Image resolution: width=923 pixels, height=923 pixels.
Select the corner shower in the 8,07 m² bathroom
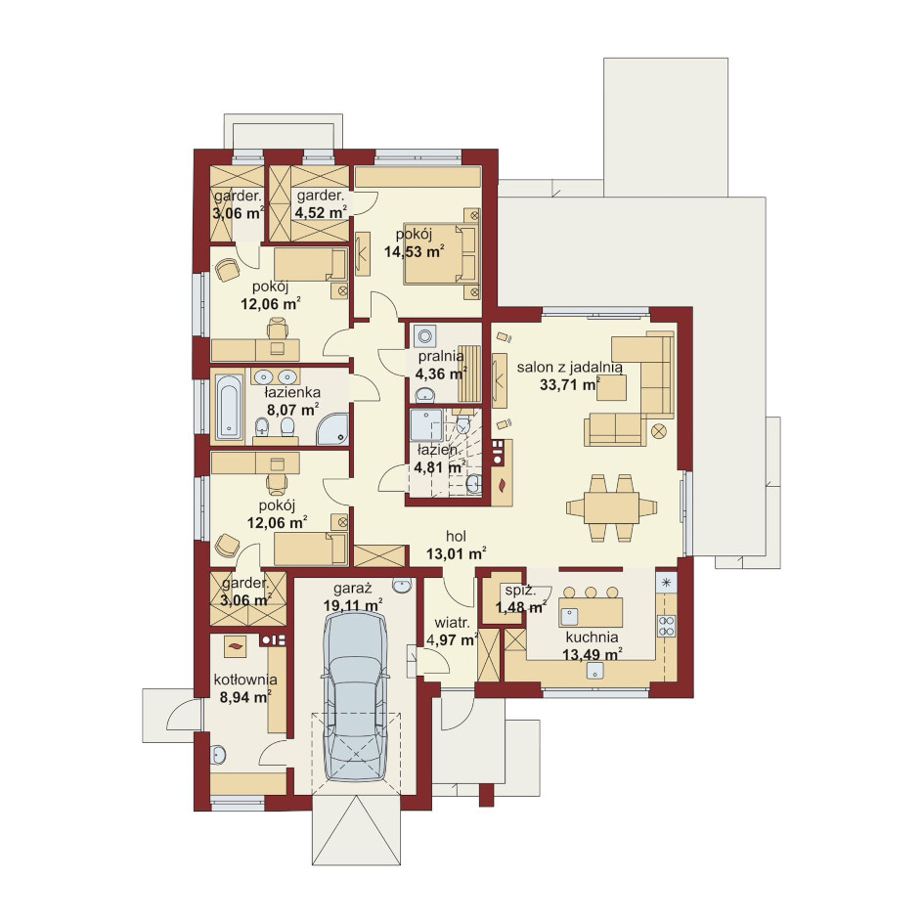[332, 428]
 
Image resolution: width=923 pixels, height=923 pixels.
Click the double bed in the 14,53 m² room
[442, 253]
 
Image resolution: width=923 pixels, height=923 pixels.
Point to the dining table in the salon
[612, 508]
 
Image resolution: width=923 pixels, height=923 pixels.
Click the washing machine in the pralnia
[425, 336]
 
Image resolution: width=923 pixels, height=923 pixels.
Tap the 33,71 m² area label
[570, 385]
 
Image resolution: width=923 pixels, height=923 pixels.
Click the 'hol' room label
[457, 536]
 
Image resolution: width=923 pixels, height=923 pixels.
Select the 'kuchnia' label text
[592, 637]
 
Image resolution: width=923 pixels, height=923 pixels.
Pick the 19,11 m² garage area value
[353, 605]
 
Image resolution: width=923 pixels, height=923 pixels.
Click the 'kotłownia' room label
[245, 681]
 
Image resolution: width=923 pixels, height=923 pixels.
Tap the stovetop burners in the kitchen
[667, 625]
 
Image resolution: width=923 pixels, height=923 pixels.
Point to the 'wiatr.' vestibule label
[452, 623]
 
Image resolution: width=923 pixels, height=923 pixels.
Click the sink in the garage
[402, 586]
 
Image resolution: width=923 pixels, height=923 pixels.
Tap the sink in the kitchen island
[569, 616]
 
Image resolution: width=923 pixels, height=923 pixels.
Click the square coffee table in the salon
[612, 387]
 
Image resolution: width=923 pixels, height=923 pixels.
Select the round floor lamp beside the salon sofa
[659, 431]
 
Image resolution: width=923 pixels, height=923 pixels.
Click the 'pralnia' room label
[441, 357]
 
